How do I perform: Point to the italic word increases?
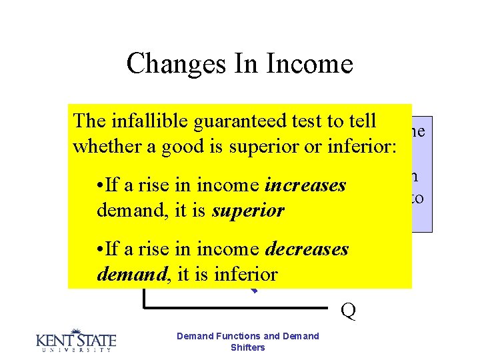pyautogui.click(x=305, y=185)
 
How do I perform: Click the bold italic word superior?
pyautogui.click(x=249, y=211)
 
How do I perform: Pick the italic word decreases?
pyautogui.click(x=307, y=249)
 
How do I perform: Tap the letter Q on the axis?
pyautogui.click(x=347, y=311)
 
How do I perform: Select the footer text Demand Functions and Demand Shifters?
pyautogui.click(x=247, y=341)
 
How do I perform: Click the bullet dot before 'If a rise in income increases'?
pyautogui.click(x=100, y=185)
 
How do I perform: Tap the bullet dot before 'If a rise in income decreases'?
pyautogui.click(x=100, y=249)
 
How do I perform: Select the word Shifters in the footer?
pyautogui.click(x=247, y=347)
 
